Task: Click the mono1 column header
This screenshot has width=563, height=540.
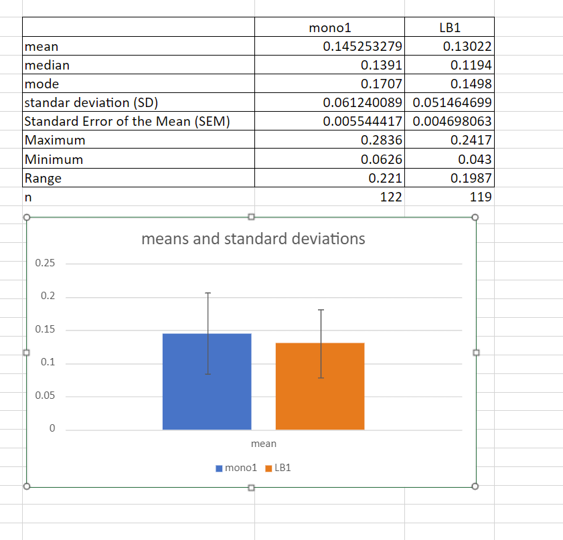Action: click(330, 28)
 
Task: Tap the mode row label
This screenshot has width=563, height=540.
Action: click(42, 84)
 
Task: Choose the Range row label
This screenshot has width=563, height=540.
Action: click(43, 178)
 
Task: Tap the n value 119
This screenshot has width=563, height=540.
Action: click(481, 197)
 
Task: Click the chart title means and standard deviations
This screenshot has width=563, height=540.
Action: click(253, 239)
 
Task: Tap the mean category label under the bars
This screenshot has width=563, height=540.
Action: click(263, 444)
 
